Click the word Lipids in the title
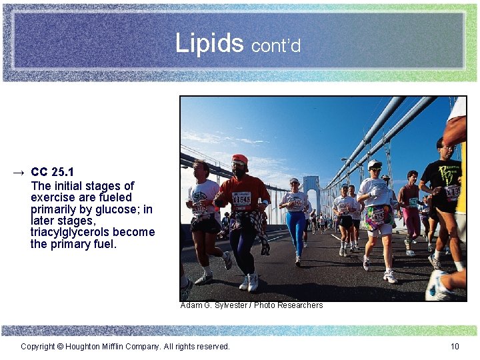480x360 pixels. coord(209,43)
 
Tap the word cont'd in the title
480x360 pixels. coord(276,45)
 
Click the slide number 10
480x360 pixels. coord(455,346)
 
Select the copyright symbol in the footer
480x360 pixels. coord(60,346)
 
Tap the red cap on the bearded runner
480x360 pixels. coord(240,159)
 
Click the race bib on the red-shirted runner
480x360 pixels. coord(241,199)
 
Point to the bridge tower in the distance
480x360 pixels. coord(311,190)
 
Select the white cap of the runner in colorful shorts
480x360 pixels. coord(374,164)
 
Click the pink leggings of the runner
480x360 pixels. coord(413,223)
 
